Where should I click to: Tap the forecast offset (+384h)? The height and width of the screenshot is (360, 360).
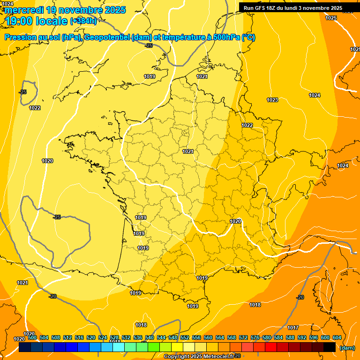(83, 21)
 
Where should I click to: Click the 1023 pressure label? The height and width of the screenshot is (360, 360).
(272, 100)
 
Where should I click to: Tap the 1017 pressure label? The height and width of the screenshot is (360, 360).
(293, 328)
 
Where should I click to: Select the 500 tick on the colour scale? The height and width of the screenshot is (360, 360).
(32, 337)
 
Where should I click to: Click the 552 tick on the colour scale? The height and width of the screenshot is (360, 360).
(185, 337)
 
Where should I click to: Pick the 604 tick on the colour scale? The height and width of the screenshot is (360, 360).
(337, 337)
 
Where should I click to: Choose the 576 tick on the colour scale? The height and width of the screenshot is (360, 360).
(255, 337)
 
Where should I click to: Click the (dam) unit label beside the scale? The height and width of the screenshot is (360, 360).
(347, 348)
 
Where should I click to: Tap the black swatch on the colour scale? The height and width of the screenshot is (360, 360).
(330, 347)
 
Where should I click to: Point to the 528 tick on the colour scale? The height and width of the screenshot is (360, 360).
(114, 337)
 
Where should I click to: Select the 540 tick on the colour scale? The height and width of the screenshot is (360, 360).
(150, 337)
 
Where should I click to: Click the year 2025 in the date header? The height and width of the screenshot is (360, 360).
(112, 10)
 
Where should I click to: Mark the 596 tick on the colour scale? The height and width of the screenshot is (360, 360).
(314, 337)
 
